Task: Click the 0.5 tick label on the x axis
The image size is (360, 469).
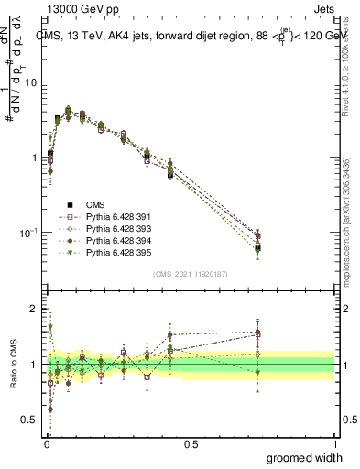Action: click(191, 444)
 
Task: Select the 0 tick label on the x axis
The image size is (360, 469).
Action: click(46, 444)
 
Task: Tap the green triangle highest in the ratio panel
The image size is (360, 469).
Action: click(50, 326)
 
